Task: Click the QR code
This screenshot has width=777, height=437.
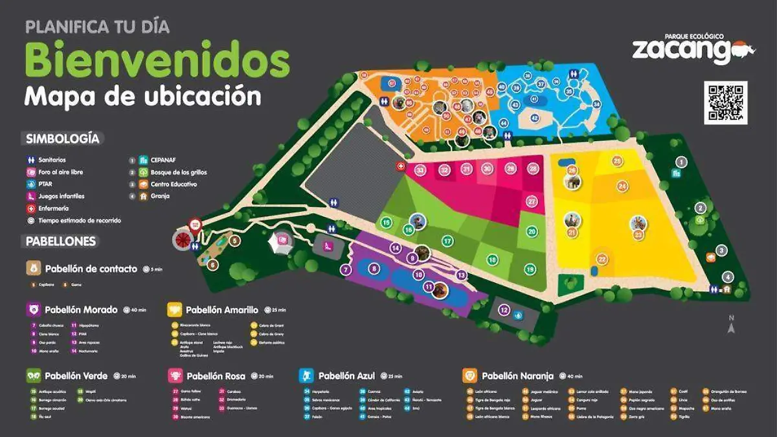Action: (726, 102)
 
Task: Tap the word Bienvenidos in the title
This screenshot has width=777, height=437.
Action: (157, 60)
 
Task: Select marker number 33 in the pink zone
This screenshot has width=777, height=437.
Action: (420, 170)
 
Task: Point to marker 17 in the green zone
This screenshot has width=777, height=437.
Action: (447, 241)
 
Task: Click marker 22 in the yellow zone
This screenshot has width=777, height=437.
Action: (602, 260)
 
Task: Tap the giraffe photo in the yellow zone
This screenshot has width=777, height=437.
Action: (638, 223)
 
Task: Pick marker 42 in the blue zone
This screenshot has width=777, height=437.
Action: (535, 118)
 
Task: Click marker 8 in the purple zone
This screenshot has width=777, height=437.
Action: (373, 268)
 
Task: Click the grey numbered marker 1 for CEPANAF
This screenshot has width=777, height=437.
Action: (681, 162)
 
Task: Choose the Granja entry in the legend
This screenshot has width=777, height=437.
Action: (159, 196)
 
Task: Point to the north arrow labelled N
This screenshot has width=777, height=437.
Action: (732, 325)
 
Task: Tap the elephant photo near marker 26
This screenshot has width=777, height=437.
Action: (572, 182)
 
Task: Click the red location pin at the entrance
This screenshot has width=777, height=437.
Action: (194, 226)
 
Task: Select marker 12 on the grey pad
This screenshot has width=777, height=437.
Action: (504, 310)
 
